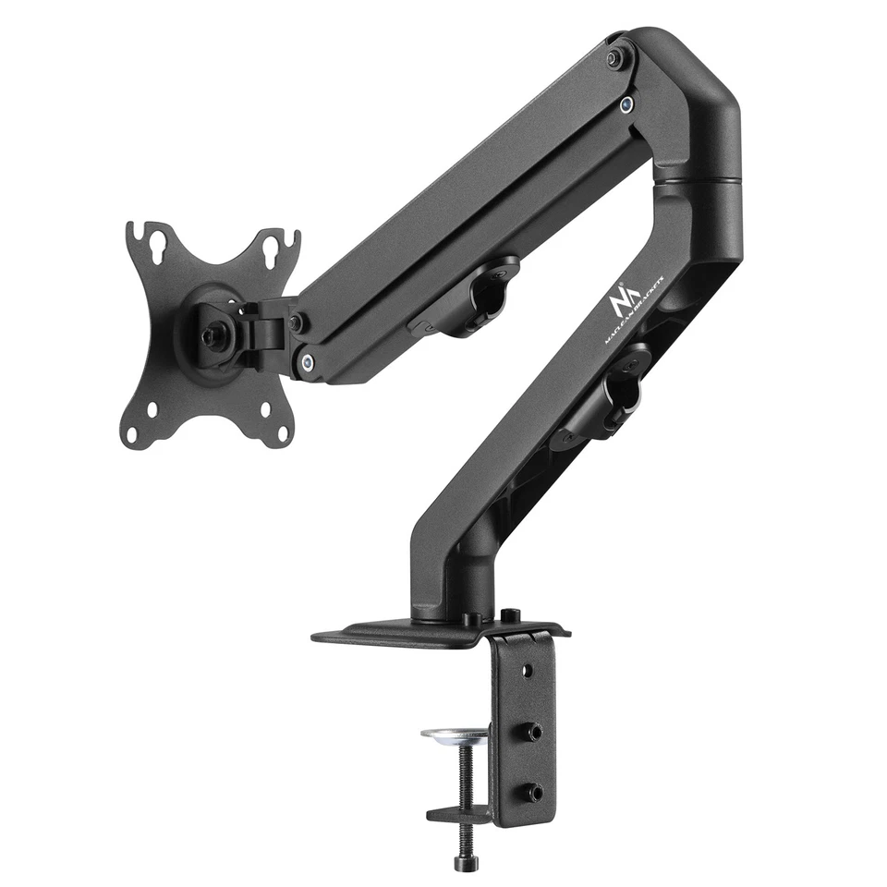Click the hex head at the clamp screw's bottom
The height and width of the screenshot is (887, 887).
click(461, 863)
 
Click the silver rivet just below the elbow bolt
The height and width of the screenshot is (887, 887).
click(627, 104)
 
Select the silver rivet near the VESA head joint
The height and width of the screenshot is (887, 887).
click(307, 363)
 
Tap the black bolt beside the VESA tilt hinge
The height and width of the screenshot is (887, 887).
click(296, 322)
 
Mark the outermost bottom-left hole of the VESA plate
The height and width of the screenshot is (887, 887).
click(131, 431)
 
